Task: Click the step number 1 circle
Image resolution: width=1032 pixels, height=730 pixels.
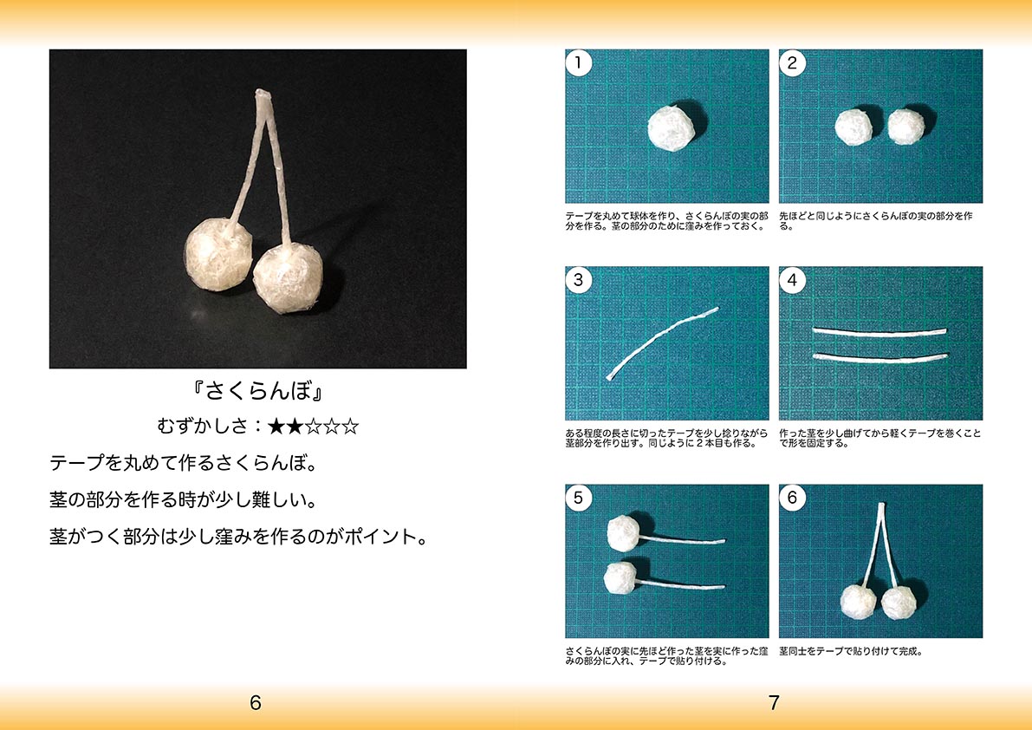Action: point(579,63)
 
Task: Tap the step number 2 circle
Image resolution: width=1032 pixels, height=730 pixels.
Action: point(793,63)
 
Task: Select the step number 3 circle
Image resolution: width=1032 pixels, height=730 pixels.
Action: point(579,280)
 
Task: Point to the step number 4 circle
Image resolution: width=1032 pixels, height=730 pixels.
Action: point(793,280)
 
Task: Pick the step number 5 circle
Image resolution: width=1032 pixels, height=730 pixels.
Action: point(579,498)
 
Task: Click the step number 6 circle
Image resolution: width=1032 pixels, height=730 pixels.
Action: point(793,498)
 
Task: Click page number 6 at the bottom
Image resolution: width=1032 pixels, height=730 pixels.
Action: point(256,703)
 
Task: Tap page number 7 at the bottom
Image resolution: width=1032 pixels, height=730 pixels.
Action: point(774,703)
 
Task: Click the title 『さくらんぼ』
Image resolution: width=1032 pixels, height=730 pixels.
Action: point(257,391)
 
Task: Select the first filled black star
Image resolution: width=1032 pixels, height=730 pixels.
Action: point(276,427)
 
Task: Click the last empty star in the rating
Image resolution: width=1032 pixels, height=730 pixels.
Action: point(351,427)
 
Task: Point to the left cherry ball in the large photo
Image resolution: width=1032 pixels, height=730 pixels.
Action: point(217,255)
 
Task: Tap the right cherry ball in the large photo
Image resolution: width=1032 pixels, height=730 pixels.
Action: point(289,277)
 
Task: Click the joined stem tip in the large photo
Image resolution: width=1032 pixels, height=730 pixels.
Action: point(263,95)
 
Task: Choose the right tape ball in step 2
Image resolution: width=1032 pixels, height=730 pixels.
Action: point(906,127)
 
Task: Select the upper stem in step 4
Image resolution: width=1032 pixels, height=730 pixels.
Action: point(879,331)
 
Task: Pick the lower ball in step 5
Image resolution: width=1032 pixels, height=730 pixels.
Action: point(620,577)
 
